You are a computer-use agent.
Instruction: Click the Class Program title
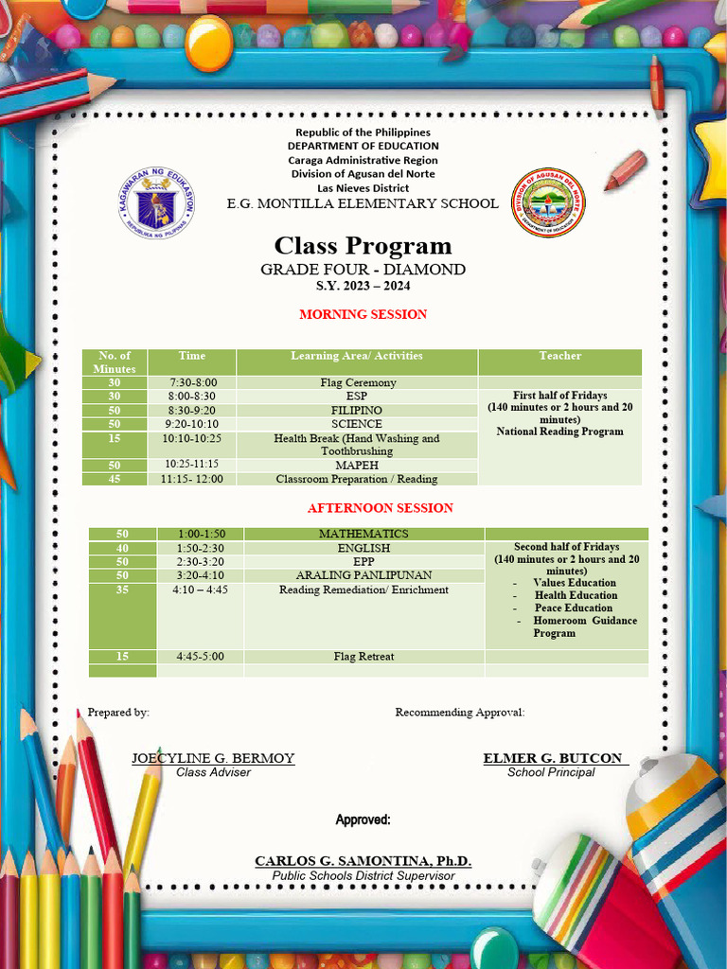tap(363, 246)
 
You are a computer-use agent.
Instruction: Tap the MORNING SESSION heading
tap(363, 314)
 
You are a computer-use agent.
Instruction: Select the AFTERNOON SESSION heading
tap(380, 508)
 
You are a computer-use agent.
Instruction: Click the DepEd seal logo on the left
tap(158, 203)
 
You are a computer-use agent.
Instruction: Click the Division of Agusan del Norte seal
tap(548, 203)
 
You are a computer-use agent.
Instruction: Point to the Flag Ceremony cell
tap(357, 383)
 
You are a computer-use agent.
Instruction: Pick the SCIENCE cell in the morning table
tap(357, 425)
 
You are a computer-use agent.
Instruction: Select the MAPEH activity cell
tap(357, 466)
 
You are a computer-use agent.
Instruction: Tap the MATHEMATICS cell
tap(363, 535)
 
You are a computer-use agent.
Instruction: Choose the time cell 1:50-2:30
tap(200, 548)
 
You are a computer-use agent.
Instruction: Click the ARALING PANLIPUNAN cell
tap(363, 575)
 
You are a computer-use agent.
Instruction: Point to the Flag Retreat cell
tap(363, 657)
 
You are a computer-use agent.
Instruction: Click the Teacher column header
tap(559, 356)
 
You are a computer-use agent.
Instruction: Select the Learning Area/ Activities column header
tap(357, 356)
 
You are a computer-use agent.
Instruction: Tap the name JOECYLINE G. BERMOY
tap(213, 758)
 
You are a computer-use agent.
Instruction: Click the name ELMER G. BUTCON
tap(553, 758)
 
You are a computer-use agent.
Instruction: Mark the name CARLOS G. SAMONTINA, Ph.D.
tap(363, 861)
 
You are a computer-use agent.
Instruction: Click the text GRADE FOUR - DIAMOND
tap(363, 270)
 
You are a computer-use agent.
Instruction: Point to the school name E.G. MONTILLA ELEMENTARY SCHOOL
tap(363, 203)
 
